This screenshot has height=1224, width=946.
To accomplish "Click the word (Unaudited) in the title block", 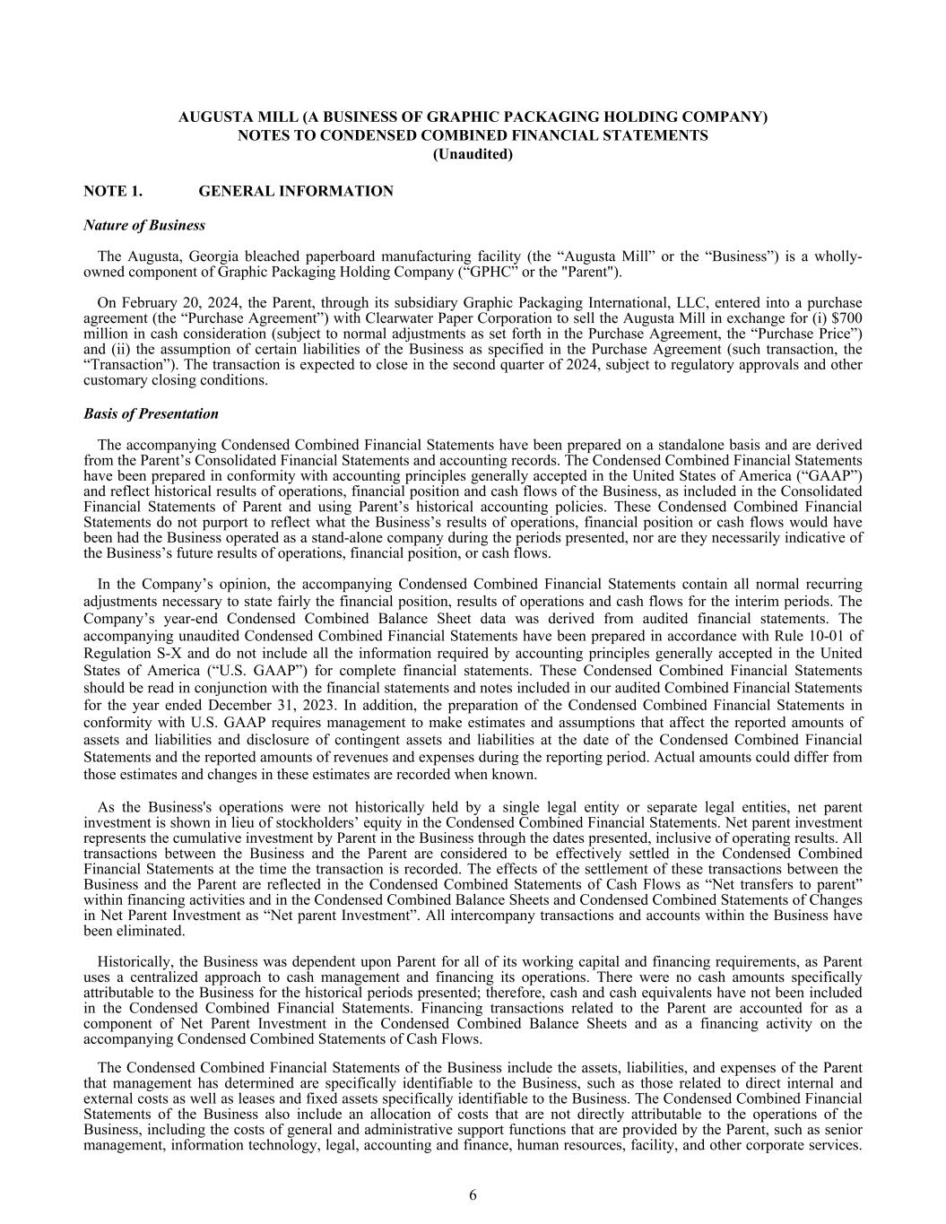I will (473, 154).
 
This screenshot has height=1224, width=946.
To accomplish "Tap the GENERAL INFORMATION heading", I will (295, 191).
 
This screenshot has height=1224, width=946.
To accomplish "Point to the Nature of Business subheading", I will (143, 225).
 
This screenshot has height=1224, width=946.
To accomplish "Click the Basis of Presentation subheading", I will (151, 413).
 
